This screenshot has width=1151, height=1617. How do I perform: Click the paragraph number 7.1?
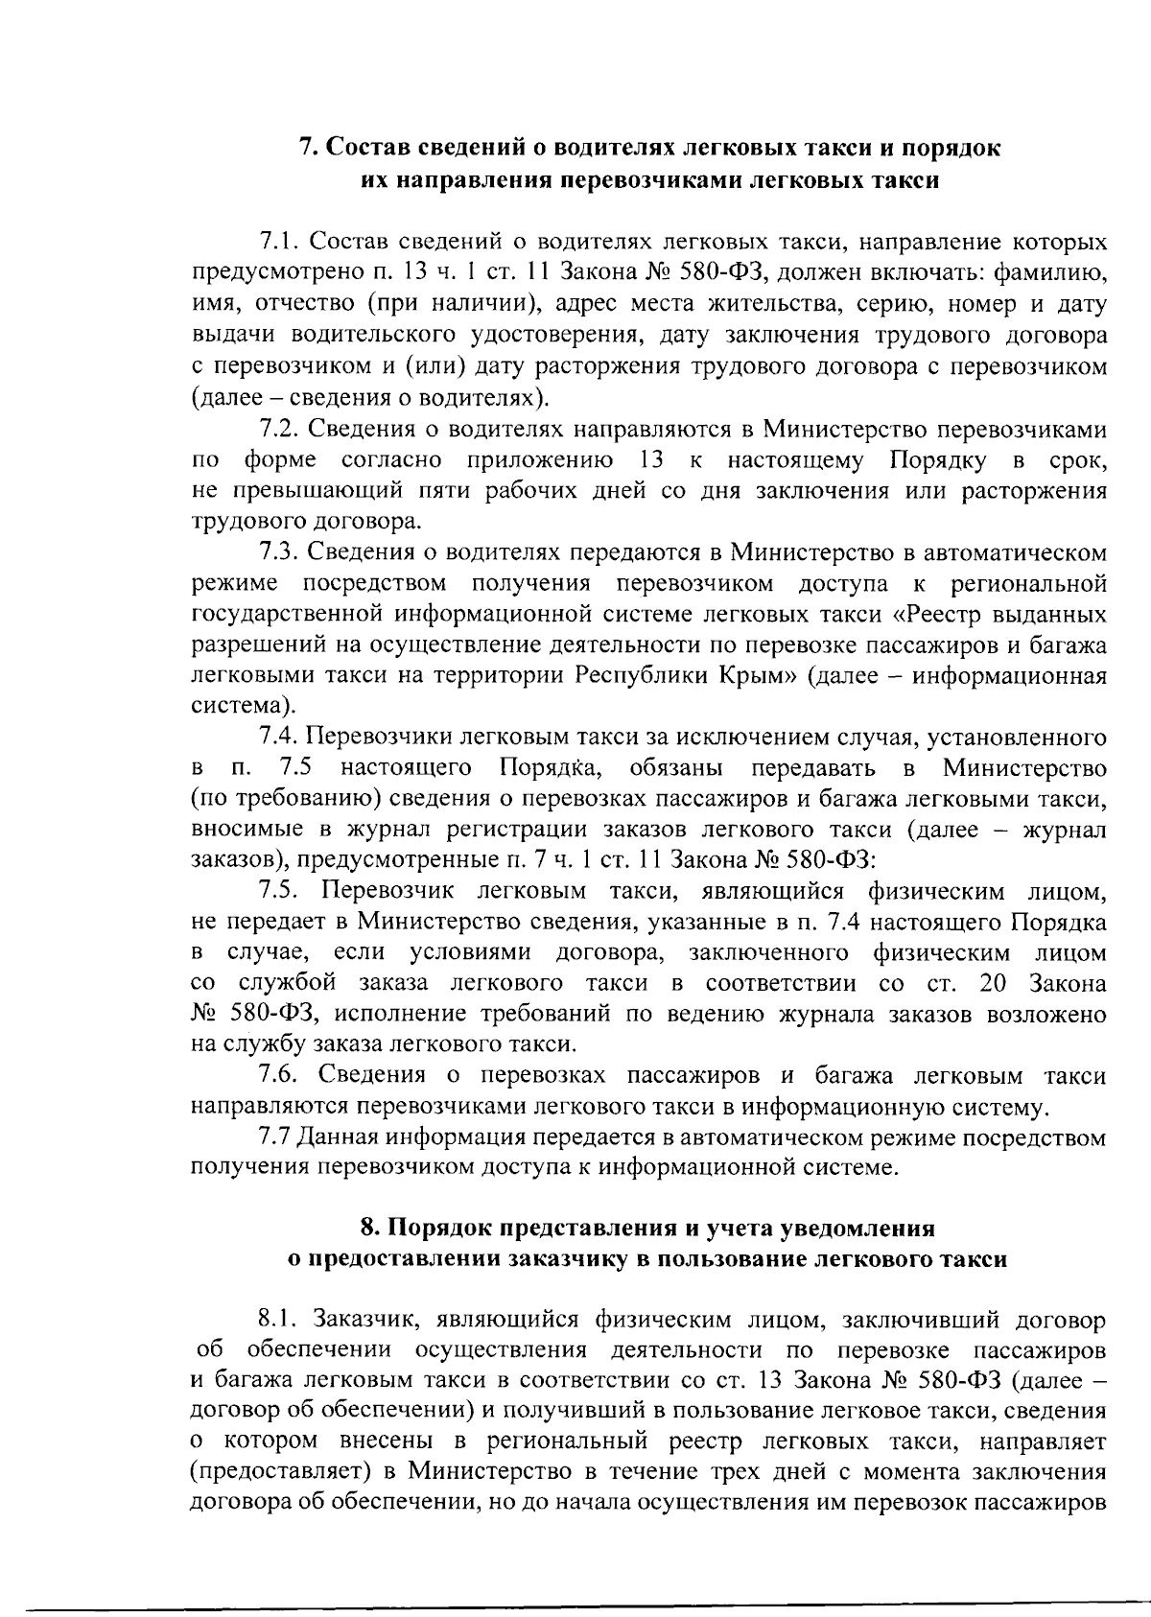point(279,240)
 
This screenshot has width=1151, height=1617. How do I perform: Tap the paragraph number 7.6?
point(279,1075)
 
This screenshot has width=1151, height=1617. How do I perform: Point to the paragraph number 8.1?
point(279,1320)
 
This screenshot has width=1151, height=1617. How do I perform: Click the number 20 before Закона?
point(992,982)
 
